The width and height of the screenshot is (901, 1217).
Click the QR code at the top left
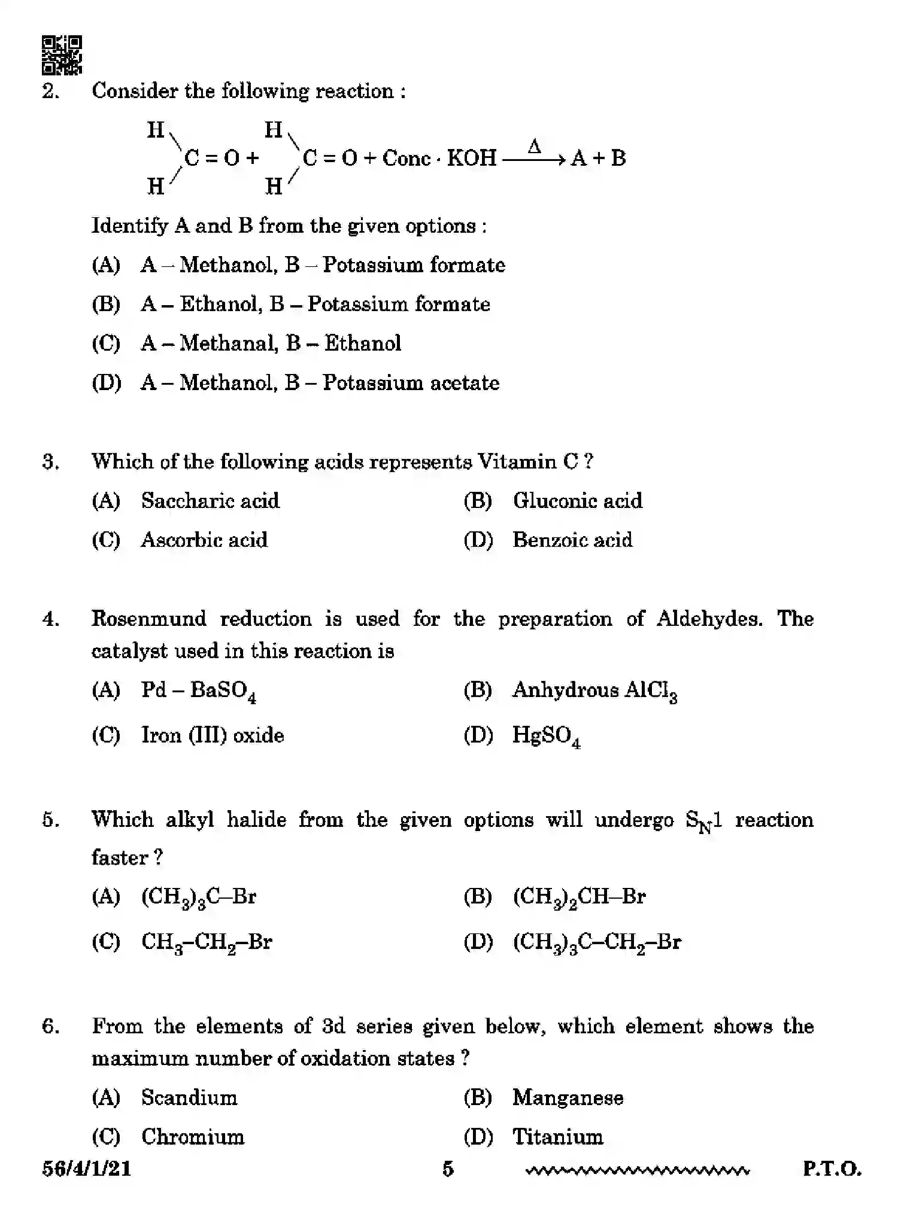tap(62, 55)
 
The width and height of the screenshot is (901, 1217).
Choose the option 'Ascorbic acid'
tap(204, 540)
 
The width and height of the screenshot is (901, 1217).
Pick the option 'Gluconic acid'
tap(577, 501)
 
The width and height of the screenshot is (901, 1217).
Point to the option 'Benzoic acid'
tap(572, 540)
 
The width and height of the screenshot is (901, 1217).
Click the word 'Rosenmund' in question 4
tap(148, 619)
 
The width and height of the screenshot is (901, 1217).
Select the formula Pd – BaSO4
tap(198, 692)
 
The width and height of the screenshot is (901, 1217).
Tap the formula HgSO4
tap(546, 737)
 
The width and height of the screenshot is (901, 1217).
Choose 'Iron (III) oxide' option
tap(213, 735)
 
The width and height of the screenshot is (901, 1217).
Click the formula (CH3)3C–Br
tap(199, 897)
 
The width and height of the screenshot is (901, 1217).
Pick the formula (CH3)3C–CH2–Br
tap(597, 943)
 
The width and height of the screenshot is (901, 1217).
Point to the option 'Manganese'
tap(568, 1098)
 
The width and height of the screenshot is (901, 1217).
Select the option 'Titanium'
tap(557, 1137)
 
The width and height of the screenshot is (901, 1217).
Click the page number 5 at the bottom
tap(448, 1169)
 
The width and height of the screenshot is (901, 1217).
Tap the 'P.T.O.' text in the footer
tap(832, 1169)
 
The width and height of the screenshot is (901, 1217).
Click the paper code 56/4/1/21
tap(86, 1169)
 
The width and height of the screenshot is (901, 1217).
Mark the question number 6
tap(50, 1027)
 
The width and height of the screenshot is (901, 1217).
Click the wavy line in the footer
tap(636, 1170)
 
